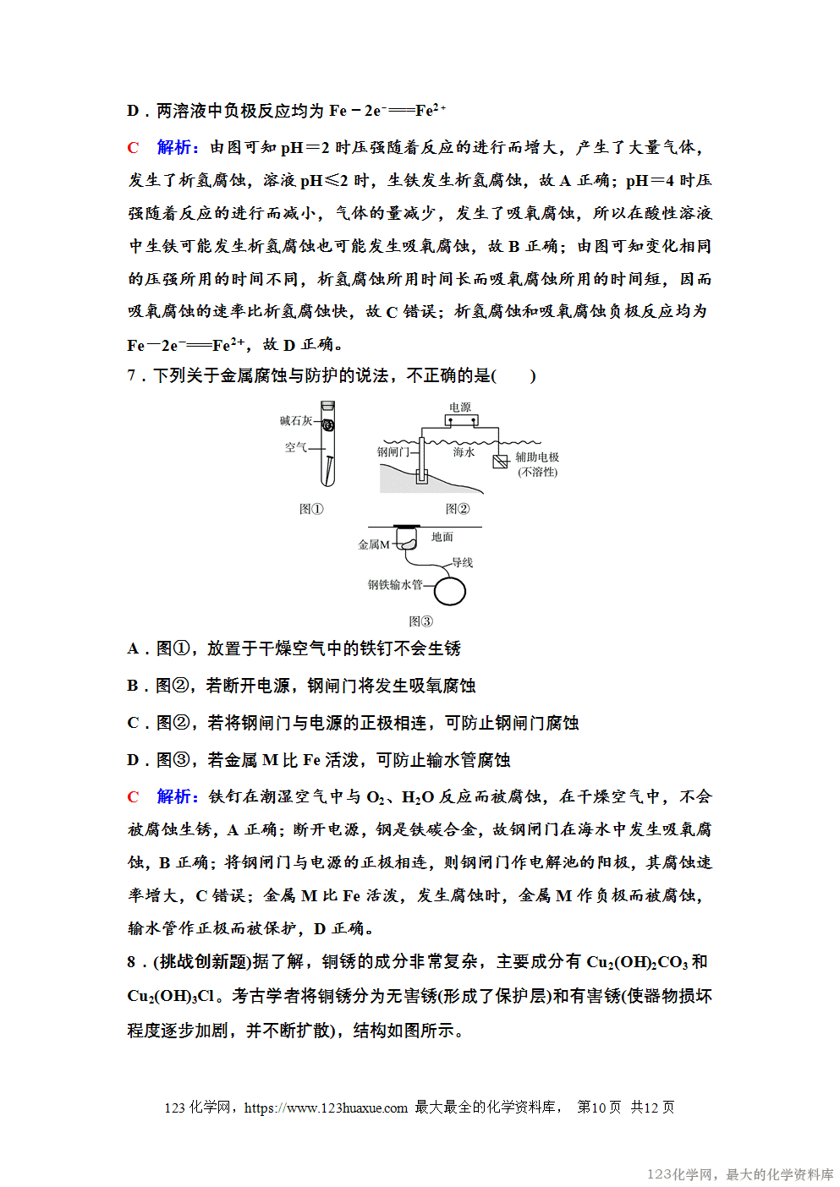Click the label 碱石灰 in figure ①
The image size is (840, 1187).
296,420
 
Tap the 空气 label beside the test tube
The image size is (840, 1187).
295,447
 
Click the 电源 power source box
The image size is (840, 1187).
461,419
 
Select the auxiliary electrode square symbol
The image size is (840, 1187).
500,461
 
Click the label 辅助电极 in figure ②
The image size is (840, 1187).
537,457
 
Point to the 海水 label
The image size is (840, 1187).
464,452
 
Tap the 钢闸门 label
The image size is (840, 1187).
393,452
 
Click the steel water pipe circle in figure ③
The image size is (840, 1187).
450,591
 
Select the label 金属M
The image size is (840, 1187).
374,544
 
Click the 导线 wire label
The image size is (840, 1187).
462,562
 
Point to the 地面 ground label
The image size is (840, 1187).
442,537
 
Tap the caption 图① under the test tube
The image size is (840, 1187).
311,509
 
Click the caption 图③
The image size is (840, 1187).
420,621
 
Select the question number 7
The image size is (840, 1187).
131,375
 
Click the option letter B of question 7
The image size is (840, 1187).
133,686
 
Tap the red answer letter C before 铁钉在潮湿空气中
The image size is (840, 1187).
133,796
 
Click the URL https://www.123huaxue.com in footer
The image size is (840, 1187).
326,1108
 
